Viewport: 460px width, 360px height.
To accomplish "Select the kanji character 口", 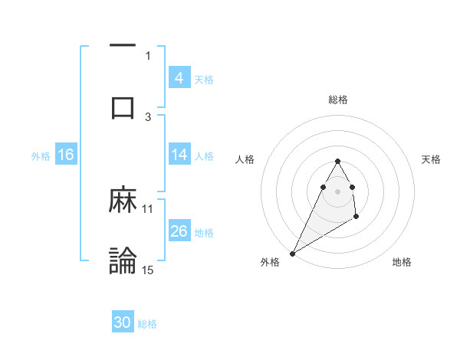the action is click(x=123, y=107).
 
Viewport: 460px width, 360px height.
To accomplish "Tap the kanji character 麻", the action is click(x=123, y=201).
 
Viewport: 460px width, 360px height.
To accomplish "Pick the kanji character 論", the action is click(x=123, y=260).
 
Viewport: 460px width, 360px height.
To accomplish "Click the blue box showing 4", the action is click(x=179, y=78).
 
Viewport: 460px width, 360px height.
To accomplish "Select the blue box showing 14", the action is click(x=179, y=155).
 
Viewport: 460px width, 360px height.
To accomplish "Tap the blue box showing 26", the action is click(x=179, y=231).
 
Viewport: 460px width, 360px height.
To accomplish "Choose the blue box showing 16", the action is click(x=65, y=155).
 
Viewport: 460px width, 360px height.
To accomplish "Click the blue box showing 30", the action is click(x=123, y=322).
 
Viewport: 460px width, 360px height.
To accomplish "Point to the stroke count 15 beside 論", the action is click(x=148, y=270).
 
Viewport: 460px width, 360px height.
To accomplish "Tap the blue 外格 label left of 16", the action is click(x=41, y=155).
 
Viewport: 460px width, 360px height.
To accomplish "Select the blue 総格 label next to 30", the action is click(x=147, y=323).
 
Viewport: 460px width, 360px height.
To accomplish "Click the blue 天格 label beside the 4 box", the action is click(x=204, y=79).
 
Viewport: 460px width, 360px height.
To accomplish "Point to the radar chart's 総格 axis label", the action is click(x=338, y=100).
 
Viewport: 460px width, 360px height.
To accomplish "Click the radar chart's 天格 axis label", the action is click(x=432, y=159).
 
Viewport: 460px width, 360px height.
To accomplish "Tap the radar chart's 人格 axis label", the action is click(x=245, y=159).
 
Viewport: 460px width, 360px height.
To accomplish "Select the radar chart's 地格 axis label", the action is click(x=402, y=262).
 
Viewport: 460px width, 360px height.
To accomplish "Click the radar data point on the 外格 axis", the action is click(x=292, y=253).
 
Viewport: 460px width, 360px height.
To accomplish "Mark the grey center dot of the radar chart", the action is click(x=338, y=191).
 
